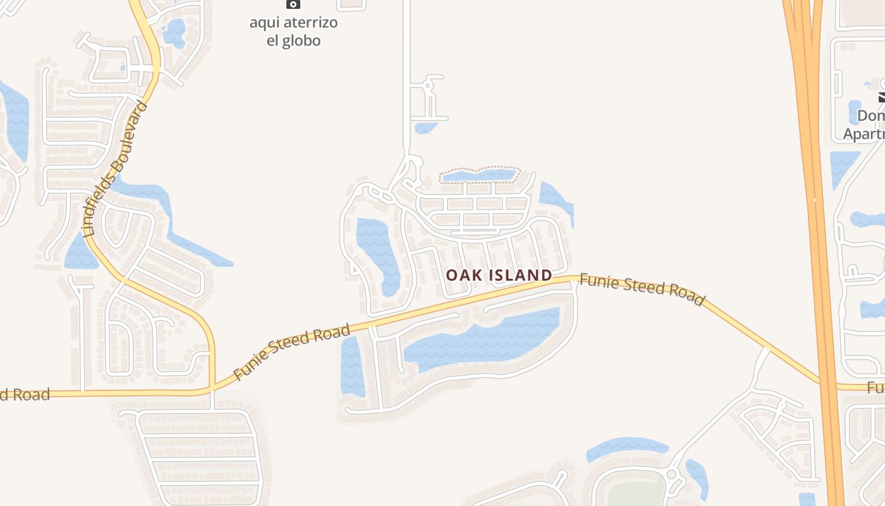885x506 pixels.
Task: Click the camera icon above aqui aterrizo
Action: pos(293,4)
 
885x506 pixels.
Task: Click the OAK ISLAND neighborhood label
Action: pos(499,275)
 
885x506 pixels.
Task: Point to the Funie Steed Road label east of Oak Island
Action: pos(641,289)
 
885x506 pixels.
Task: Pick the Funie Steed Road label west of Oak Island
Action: pos(291,352)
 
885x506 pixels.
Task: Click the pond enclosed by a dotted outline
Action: pos(479,175)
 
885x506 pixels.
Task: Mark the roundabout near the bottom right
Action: pos(671,474)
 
